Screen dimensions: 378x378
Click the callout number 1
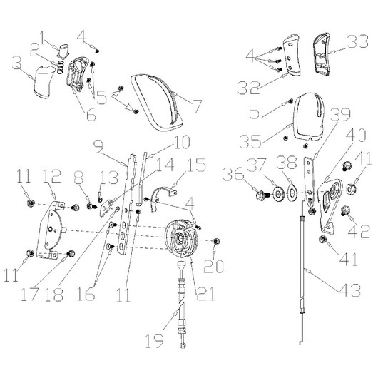[x=42, y=38]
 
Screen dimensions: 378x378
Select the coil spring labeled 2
[x=61, y=67]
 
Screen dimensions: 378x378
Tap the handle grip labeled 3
[x=44, y=82]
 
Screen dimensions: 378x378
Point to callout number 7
[x=198, y=105]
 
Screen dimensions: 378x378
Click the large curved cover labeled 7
[x=158, y=103]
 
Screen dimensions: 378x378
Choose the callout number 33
[x=359, y=41]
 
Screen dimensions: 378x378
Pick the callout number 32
[x=248, y=87]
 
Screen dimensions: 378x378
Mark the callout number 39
[x=339, y=115]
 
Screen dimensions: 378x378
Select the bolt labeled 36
[x=262, y=194]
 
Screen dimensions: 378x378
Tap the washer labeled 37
[x=278, y=193]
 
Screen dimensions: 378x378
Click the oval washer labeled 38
[x=292, y=192]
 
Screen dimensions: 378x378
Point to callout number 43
[x=349, y=290]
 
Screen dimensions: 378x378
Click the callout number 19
[x=155, y=340]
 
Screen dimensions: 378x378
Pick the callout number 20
[x=213, y=267]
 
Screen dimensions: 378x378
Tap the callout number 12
[x=53, y=176]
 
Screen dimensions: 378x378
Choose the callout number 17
[x=29, y=295]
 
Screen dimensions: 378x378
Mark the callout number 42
[x=359, y=231]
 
